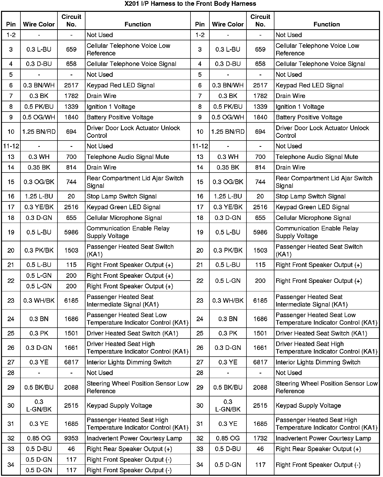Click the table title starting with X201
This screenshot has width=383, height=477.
click(x=190, y=4)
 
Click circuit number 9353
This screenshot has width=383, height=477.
click(x=71, y=438)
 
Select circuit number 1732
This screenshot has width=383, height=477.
click(x=260, y=438)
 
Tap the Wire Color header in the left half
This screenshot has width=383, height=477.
click(x=39, y=24)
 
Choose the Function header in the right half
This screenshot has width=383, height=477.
click(x=327, y=24)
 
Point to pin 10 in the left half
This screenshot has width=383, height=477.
click(x=11, y=132)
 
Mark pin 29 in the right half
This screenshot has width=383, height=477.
click(x=200, y=387)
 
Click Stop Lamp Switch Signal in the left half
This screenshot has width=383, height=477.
click(x=122, y=196)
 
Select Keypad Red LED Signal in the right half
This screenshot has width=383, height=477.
click(x=309, y=85)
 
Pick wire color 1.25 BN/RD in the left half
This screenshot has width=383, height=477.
click(x=39, y=132)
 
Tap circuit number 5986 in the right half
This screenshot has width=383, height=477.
click(x=260, y=232)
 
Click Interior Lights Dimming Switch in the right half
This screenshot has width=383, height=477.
click(x=318, y=362)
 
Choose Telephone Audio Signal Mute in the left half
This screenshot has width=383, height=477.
click(x=128, y=157)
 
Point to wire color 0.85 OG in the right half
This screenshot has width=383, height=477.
click(x=228, y=438)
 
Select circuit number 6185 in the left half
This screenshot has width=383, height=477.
click(x=71, y=301)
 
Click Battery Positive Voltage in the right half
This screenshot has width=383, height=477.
click(x=309, y=117)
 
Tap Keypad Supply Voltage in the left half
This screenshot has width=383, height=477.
click(x=119, y=406)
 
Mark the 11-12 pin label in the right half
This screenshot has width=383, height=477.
click(x=200, y=146)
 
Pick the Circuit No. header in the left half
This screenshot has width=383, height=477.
click(x=71, y=21)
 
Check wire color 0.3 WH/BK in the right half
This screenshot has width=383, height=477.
click(x=228, y=301)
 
